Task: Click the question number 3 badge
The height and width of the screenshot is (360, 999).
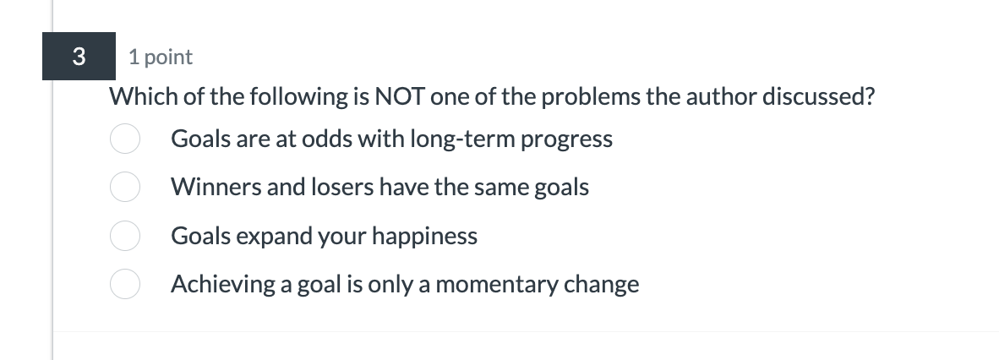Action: (x=79, y=57)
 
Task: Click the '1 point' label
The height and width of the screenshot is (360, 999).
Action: (x=161, y=57)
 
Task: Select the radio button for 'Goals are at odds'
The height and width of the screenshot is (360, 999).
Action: (x=124, y=139)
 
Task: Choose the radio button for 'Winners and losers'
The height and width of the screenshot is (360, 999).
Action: (x=124, y=188)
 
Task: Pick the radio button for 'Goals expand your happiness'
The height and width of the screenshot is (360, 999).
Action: (x=124, y=237)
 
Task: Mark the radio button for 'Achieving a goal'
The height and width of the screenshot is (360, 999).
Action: (x=124, y=285)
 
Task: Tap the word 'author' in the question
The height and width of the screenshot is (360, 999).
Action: (x=721, y=97)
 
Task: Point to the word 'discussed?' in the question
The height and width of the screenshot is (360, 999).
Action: (x=819, y=97)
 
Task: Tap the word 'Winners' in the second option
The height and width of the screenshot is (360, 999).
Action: (x=216, y=187)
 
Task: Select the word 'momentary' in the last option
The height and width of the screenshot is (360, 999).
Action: (x=497, y=285)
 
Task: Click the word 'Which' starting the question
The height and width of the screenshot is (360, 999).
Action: (x=144, y=97)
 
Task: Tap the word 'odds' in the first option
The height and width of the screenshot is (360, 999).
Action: (x=331, y=139)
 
